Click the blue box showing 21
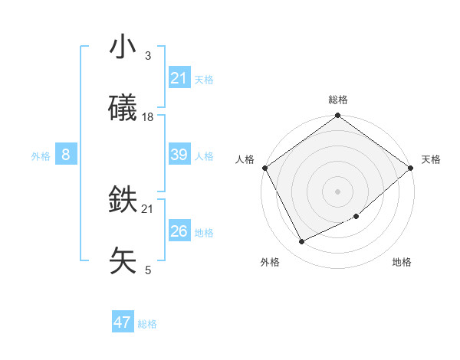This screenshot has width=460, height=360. click(179, 78)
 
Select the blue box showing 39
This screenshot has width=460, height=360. click(179, 155)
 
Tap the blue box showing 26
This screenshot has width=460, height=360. click(179, 231)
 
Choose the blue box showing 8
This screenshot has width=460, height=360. click(66, 155)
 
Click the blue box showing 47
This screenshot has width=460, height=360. click(123, 322)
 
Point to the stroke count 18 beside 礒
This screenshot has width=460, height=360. click(148, 116)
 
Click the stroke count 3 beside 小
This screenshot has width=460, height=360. click(148, 56)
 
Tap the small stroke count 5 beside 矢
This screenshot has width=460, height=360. click(148, 270)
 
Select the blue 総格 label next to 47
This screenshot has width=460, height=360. click(147, 324)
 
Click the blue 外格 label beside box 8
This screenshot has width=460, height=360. click(41, 156)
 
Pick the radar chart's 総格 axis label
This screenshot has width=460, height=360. click(338, 100)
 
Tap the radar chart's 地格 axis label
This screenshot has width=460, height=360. click(402, 262)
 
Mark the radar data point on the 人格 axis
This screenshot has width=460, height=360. click(264, 168)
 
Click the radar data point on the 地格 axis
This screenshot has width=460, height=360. click(356, 217)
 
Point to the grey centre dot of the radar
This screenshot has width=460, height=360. click(338, 191)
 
